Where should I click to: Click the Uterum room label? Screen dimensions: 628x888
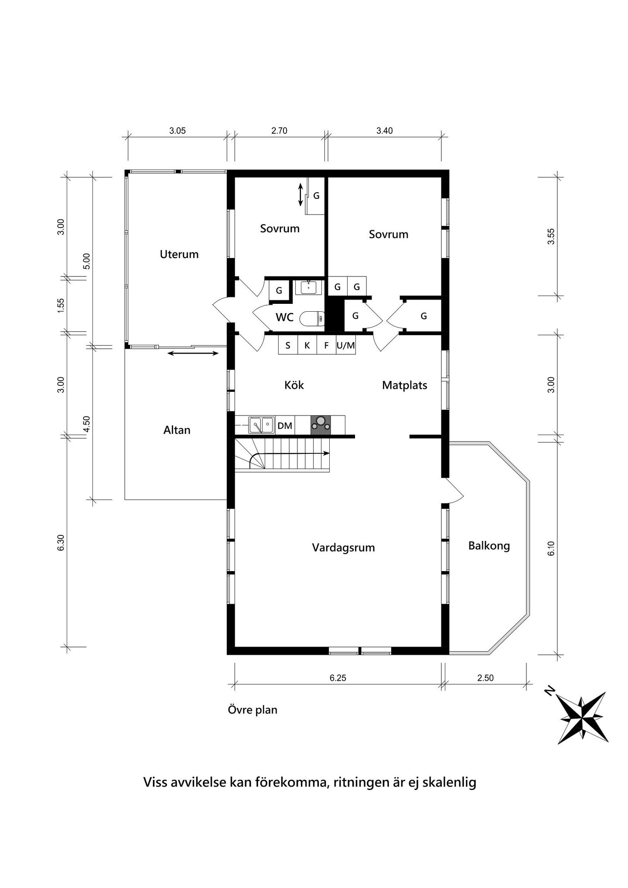179,254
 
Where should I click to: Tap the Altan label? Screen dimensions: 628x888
177,430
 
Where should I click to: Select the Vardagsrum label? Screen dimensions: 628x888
343,548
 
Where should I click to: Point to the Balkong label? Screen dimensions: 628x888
489,546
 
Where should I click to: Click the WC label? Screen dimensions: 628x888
284,317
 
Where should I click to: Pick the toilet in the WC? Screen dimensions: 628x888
312,319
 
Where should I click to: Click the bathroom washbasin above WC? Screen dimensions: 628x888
309,287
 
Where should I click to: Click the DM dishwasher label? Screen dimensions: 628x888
285,425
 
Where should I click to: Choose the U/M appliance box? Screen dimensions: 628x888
346,346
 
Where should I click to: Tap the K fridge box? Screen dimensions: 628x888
307,346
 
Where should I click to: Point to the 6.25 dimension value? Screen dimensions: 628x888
338,678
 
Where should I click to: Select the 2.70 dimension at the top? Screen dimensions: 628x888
279,131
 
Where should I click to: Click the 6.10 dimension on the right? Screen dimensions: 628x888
551,548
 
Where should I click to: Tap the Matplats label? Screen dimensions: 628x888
404,385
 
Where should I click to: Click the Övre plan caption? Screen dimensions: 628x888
253,710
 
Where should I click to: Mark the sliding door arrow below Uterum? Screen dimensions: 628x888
193,353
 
